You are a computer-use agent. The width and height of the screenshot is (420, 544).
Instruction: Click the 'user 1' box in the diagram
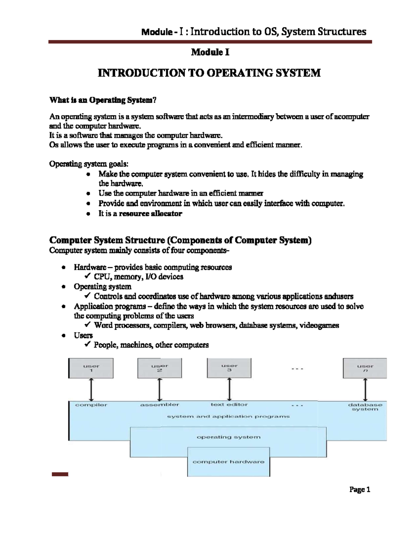pyautogui.click(x=91, y=368)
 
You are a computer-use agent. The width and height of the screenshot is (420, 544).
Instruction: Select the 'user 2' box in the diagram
pyautogui.click(x=160, y=368)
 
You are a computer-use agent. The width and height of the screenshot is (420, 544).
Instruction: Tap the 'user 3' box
pyautogui.click(x=229, y=368)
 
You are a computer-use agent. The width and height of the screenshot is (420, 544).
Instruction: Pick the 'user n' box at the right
pyautogui.click(x=365, y=368)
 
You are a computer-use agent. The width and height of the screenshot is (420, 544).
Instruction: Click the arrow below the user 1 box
pyautogui.click(x=91, y=390)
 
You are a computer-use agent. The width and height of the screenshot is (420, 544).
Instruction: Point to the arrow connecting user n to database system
pyautogui.click(x=365, y=390)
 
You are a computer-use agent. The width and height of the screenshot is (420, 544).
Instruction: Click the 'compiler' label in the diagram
pyautogui.click(x=91, y=405)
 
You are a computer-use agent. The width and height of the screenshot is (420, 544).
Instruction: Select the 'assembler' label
pyautogui.click(x=160, y=405)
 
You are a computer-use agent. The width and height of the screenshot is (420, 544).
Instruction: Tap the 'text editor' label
pyautogui.click(x=229, y=405)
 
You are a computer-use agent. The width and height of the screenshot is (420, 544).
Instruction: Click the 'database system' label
pyautogui.click(x=365, y=407)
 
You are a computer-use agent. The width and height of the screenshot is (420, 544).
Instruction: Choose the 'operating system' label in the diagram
pyautogui.click(x=229, y=437)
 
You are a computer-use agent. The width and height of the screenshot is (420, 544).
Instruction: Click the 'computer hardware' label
pyautogui.click(x=229, y=462)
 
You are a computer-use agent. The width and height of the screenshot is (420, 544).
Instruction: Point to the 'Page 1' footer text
pyautogui.click(x=360, y=490)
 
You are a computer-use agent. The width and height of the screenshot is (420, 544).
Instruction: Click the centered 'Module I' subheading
pyautogui.click(x=210, y=53)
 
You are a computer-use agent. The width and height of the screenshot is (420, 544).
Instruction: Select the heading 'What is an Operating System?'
pyautogui.click(x=103, y=100)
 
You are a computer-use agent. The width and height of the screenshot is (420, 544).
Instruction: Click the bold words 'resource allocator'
pyautogui.click(x=150, y=214)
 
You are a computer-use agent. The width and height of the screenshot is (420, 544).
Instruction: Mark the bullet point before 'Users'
pyautogui.click(x=63, y=336)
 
